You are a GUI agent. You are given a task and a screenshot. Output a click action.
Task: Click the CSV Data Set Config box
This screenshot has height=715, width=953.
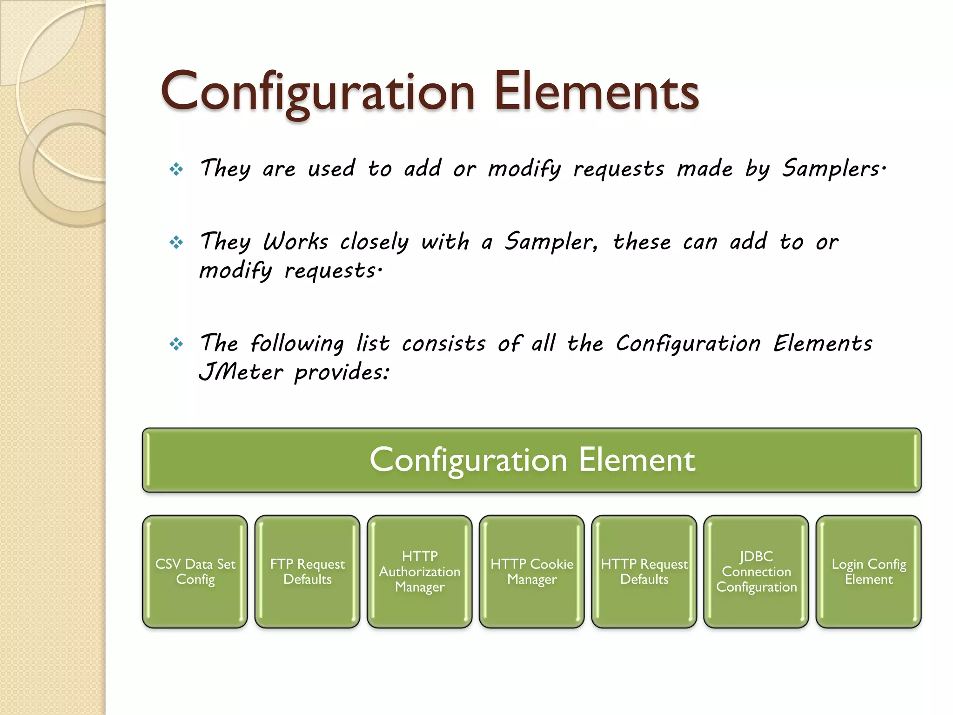point(195,572)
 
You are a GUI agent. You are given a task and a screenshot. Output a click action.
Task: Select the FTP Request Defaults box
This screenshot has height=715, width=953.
point(307,572)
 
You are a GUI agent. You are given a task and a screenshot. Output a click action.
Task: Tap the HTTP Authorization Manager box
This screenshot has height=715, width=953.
point(419,572)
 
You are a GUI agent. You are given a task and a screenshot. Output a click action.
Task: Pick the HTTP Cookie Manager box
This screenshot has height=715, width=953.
point(532,572)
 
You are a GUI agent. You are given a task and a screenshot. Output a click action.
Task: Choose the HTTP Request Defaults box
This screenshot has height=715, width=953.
point(644,572)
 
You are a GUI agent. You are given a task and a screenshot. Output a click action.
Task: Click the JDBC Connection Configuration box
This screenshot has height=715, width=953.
point(756,572)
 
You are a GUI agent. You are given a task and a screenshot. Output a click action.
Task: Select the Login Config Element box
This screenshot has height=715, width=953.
point(868,572)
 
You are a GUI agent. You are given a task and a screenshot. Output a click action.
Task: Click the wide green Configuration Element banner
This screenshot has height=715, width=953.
point(532,460)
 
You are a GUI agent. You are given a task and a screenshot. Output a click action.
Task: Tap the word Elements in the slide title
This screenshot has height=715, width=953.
point(596,92)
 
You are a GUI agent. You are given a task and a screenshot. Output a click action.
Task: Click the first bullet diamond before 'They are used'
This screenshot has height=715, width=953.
point(176,169)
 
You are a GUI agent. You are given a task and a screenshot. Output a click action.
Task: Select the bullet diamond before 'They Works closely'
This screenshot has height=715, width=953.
point(176,242)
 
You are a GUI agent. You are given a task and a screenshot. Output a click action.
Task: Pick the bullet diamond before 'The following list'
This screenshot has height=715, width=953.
point(176,344)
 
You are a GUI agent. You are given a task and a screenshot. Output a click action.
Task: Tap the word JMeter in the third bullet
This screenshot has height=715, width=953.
point(241,372)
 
